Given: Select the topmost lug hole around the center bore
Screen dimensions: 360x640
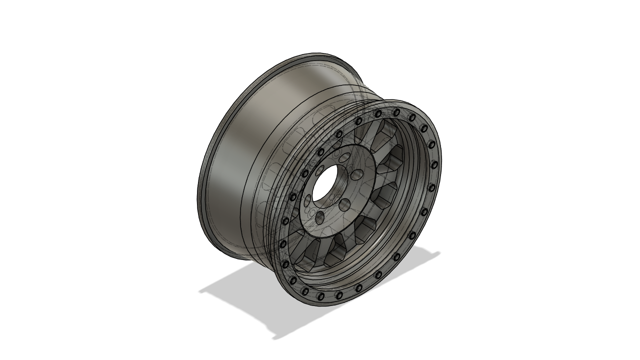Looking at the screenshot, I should [344, 158].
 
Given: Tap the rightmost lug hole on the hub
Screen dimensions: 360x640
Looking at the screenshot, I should [357, 175].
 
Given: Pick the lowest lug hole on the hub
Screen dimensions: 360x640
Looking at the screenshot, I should [319, 216].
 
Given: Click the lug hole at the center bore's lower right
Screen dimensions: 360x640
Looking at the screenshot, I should [344, 203].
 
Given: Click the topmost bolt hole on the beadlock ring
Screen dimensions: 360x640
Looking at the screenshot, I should [396, 112].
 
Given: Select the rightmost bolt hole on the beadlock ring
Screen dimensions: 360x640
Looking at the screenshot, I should [434, 164].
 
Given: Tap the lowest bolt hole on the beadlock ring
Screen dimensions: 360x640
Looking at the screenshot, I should [321, 296].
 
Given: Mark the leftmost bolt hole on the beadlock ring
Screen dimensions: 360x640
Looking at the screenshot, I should [283, 244].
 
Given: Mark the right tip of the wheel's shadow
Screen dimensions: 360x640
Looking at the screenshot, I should [437, 253].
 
